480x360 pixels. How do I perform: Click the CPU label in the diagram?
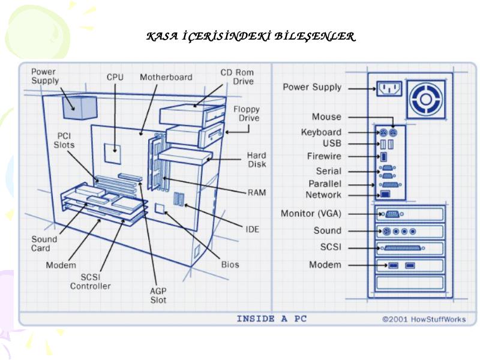point(115,77)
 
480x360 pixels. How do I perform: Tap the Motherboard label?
point(166,77)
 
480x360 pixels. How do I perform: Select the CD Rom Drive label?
point(237,77)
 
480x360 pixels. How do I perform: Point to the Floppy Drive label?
point(247,113)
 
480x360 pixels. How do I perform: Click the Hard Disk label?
point(257,160)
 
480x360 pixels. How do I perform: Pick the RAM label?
point(257,193)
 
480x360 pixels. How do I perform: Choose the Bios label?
point(230,265)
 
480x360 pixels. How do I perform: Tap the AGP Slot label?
point(158,295)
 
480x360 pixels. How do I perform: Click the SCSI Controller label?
point(91,281)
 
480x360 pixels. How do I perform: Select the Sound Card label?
point(44,244)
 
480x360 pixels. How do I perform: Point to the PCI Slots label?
point(64,140)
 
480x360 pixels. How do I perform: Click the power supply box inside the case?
point(80,107)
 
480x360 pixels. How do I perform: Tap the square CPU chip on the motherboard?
point(112,154)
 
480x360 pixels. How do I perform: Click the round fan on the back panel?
point(425,99)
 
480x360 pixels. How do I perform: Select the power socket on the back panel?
point(389,89)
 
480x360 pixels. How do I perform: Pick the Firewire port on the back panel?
point(383,157)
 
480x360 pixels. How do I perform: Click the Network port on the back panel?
point(385,194)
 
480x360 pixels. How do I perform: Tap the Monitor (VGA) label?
point(311,214)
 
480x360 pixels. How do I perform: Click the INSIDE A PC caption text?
point(272,319)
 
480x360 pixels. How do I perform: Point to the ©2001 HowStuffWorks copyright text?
point(424,319)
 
